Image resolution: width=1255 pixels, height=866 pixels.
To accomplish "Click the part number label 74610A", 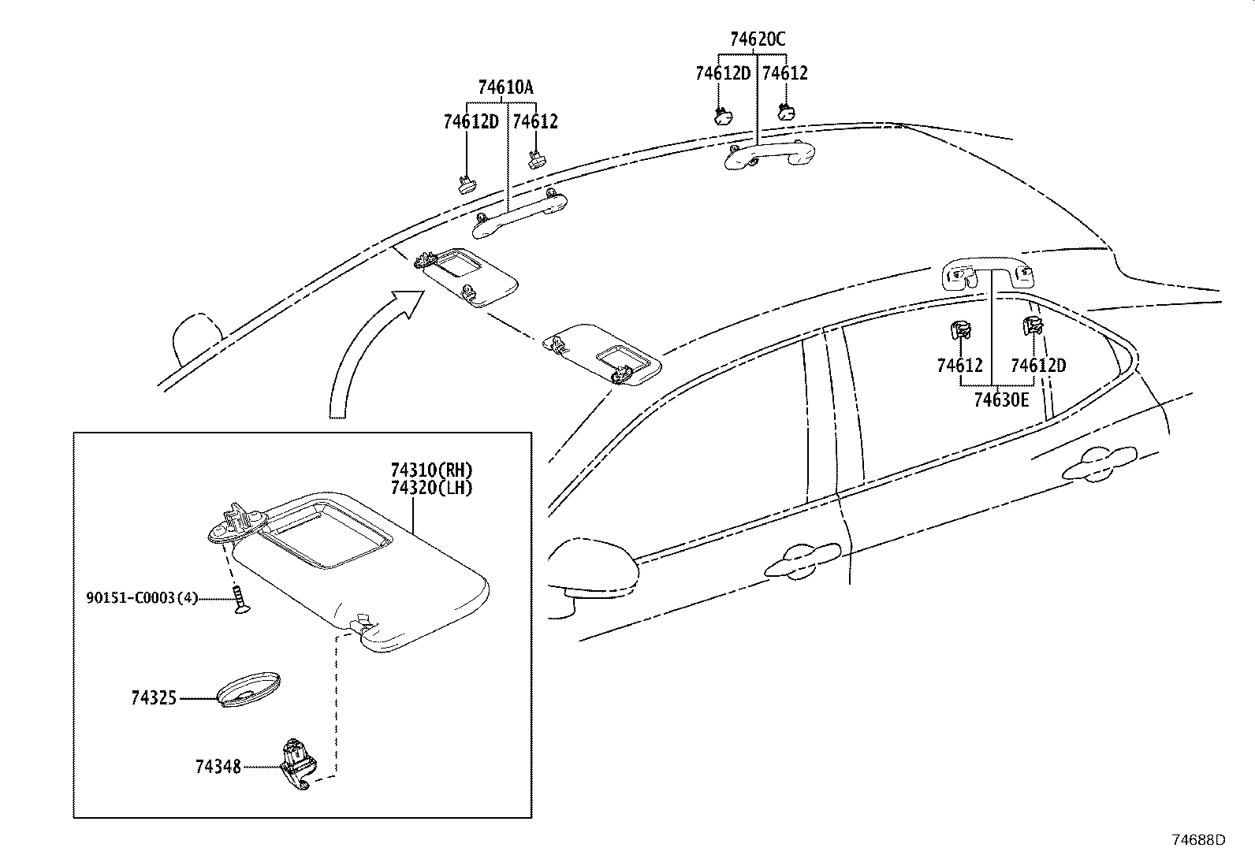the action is coord(505,88).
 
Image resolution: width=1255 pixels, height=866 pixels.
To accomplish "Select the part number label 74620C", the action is coord(758,39).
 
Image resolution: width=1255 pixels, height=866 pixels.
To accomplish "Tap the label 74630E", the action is coord(1001,400).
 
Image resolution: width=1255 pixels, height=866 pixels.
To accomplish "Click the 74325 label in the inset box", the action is coord(154,698).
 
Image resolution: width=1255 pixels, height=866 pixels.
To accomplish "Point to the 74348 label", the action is coord(218,766).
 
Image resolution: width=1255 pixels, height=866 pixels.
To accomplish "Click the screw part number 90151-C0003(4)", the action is coord(142,598).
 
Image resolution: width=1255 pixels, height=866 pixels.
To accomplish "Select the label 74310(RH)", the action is coord(431,470).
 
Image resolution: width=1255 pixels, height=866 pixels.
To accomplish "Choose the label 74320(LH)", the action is coord(431,488).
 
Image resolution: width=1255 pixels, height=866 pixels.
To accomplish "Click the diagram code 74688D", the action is coord(1199,840).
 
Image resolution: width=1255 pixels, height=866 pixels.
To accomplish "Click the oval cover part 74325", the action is coord(248,689).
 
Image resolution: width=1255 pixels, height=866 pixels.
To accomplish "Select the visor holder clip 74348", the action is coord(297,764).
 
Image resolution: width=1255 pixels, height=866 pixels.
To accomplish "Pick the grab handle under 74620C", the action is coord(769,155).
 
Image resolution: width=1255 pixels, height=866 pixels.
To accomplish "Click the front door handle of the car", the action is coord(802,560).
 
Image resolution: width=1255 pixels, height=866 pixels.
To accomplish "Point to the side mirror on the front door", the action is coord(594,569).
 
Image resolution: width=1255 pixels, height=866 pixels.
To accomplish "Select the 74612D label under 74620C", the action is coord(723,73).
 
